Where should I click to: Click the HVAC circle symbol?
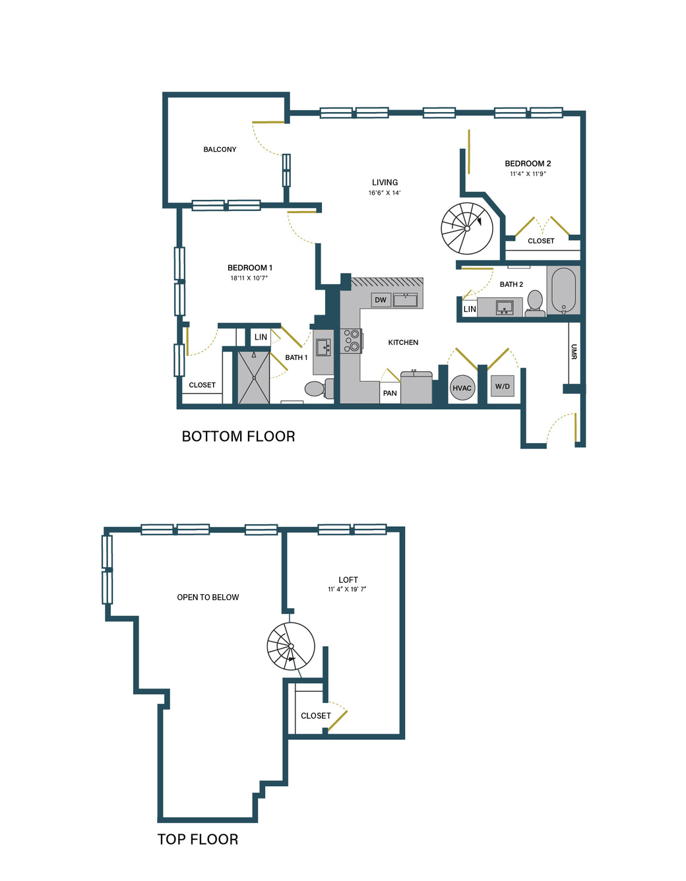click(462, 388)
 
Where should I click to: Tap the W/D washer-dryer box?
click(503, 386)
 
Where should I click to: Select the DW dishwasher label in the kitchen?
click(381, 300)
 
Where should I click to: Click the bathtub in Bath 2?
click(563, 290)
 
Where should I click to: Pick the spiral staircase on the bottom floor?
click(466, 229)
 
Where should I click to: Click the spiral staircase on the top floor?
click(291, 646)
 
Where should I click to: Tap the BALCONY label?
click(220, 149)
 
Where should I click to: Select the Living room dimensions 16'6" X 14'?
click(385, 193)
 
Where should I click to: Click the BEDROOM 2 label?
click(528, 164)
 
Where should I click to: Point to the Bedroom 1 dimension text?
click(249, 278)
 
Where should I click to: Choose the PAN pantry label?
click(390, 393)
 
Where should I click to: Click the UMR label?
click(574, 351)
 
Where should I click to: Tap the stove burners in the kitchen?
click(352, 340)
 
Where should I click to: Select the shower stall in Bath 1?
click(254, 377)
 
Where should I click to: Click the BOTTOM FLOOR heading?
click(238, 437)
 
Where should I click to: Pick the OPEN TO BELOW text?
click(208, 597)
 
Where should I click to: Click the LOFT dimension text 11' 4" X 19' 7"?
click(347, 590)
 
